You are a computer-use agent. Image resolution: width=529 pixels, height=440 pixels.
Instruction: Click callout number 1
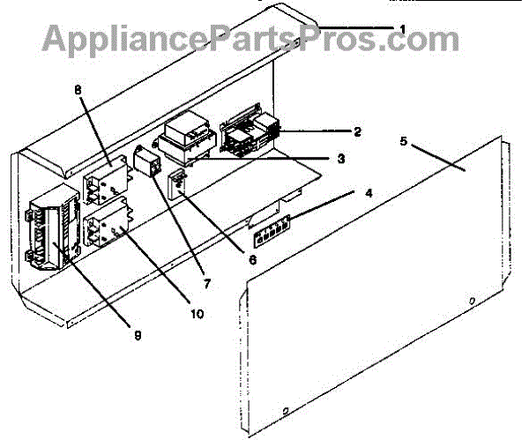tap(403, 29)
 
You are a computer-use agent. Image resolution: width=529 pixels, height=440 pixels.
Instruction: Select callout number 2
tap(357, 132)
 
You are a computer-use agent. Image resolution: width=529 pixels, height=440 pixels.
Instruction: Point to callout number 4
tap(357, 191)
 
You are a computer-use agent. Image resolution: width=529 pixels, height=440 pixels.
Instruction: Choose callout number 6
tap(253, 260)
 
